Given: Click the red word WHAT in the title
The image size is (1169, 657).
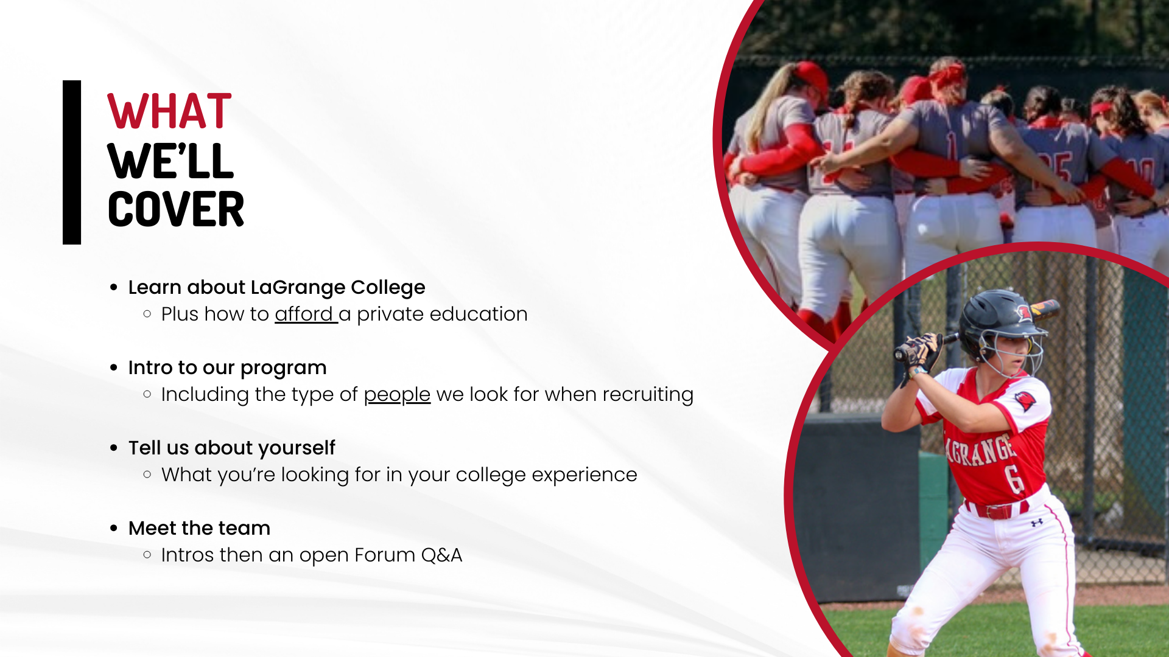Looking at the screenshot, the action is coord(169,111).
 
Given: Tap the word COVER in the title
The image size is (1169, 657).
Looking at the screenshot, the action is coord(176,209).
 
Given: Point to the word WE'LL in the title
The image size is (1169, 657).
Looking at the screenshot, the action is coord(170,161).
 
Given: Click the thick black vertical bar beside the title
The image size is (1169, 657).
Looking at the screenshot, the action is coord(72,162).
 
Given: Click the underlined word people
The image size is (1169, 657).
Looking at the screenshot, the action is coord(397,395).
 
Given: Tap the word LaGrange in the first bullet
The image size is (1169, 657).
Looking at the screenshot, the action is coord(298,288).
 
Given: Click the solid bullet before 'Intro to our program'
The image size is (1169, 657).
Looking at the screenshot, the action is coord(114,367).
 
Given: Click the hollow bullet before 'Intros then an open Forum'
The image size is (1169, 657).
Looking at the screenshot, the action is coord(147,555).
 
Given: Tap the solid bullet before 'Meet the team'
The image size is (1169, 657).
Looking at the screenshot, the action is coord(114,528).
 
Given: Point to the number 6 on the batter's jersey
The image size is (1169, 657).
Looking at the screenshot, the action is coord(1014,480).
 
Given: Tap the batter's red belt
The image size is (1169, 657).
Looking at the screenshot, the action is coord(999,510).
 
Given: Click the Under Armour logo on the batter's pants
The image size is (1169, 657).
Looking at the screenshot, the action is coord(1037,523).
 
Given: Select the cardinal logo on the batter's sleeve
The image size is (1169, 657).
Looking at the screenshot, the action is coord(1025,401).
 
